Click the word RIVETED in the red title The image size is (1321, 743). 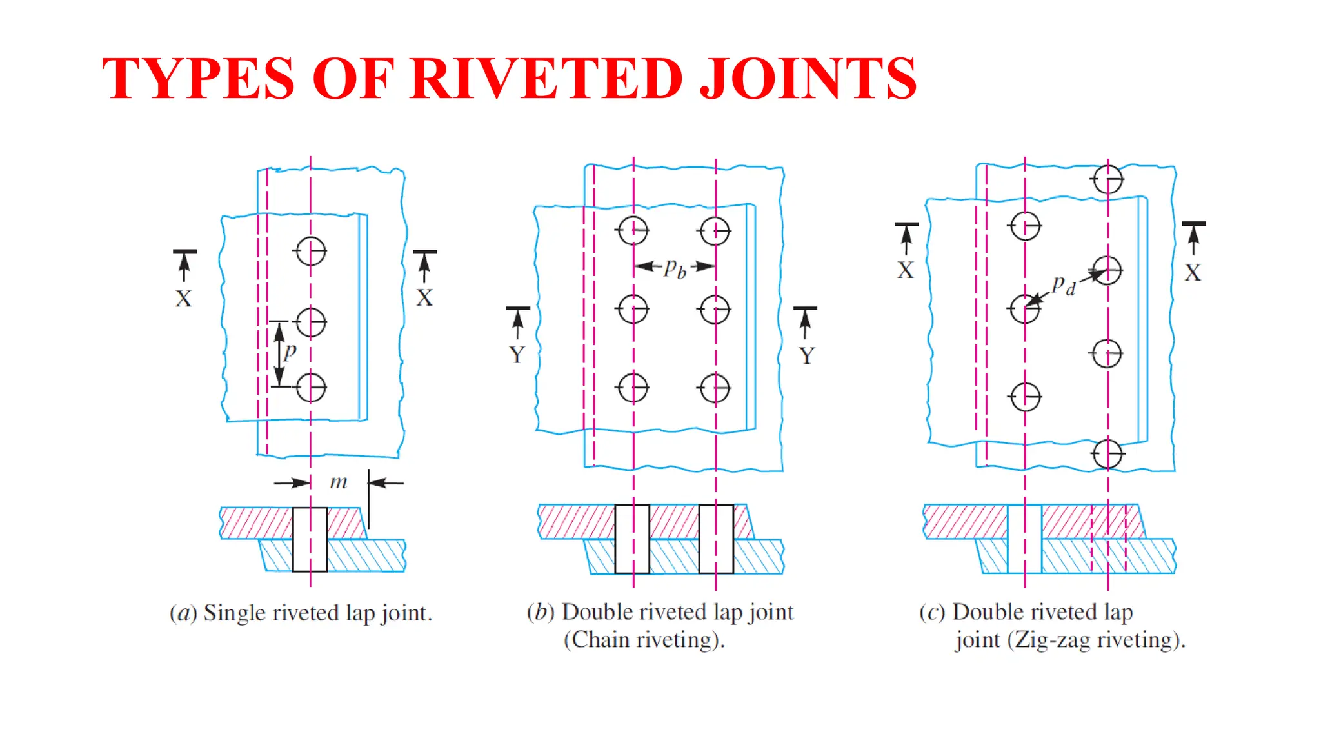pyautogui.click(x=546, y=79)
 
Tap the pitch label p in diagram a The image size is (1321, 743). pyautogui.click(x=290, y=352)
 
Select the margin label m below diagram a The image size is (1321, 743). pyautogui.click(x=338, y=482)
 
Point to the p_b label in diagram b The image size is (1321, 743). pyautogui.click(x=675, y=266)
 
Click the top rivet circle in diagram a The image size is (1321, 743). pyautogui.click(x=311, y=251)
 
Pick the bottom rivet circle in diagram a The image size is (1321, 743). pyautogui.click(x=311, y=388)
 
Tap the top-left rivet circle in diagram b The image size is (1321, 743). pyautogui.click(x=633, y=230)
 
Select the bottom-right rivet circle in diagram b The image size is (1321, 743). pyautogui.click(x=715, y=388)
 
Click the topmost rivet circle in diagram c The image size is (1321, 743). pyautogui.click(x=1108, y=179)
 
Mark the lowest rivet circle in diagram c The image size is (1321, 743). pyautogui.click(x=1108, y=453)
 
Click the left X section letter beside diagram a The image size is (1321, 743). pyautogui.click(x=184, y=299)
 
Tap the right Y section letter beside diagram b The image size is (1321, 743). pyautogui.click(x=806, y=355)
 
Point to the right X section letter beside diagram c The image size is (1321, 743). pyautogui.click(x=1193, y=272)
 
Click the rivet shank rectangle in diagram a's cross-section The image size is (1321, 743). pyautogui.click(x=310, y=539)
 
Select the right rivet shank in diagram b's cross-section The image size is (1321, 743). pyautogui.click(x=716, y=539)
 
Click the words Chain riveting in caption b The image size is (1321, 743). pyautogui.click(x=644, y=640)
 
